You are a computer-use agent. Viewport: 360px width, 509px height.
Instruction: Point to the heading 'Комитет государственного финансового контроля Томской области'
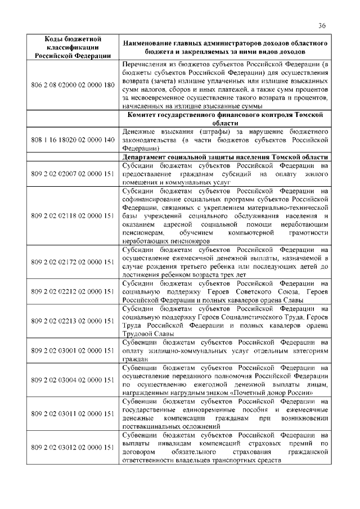(x=224, y=119)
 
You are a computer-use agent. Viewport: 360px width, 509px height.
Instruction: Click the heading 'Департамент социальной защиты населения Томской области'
(x=224, y=157)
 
